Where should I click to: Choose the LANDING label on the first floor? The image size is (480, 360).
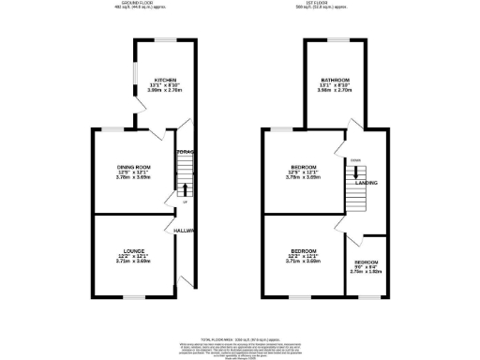coord(367,184)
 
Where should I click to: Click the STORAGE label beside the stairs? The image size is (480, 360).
coord(185,151)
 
